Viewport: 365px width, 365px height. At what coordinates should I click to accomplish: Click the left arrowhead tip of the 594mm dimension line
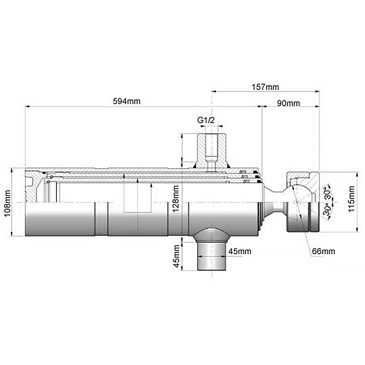pos(25,107)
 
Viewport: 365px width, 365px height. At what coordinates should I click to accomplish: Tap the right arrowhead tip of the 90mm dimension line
pos(319,107)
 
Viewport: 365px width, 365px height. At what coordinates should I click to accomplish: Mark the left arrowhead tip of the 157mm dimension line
pos(211,92)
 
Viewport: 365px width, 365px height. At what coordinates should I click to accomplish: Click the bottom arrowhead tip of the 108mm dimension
pos(12,236)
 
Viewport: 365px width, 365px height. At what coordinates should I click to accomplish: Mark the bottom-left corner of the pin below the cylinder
pos(197,270)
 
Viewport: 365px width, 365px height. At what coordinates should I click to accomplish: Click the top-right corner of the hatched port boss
pos(226,133)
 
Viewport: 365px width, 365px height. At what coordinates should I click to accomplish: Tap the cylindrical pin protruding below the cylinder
pos(212,256)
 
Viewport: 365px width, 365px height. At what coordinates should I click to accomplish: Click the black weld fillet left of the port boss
pos(194,165)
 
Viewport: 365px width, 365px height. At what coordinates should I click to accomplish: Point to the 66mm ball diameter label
pos(323,251)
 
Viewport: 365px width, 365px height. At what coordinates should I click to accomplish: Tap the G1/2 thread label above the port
pos(206,120)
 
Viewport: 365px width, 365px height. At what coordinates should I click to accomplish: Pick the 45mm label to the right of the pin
pos(240,251)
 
